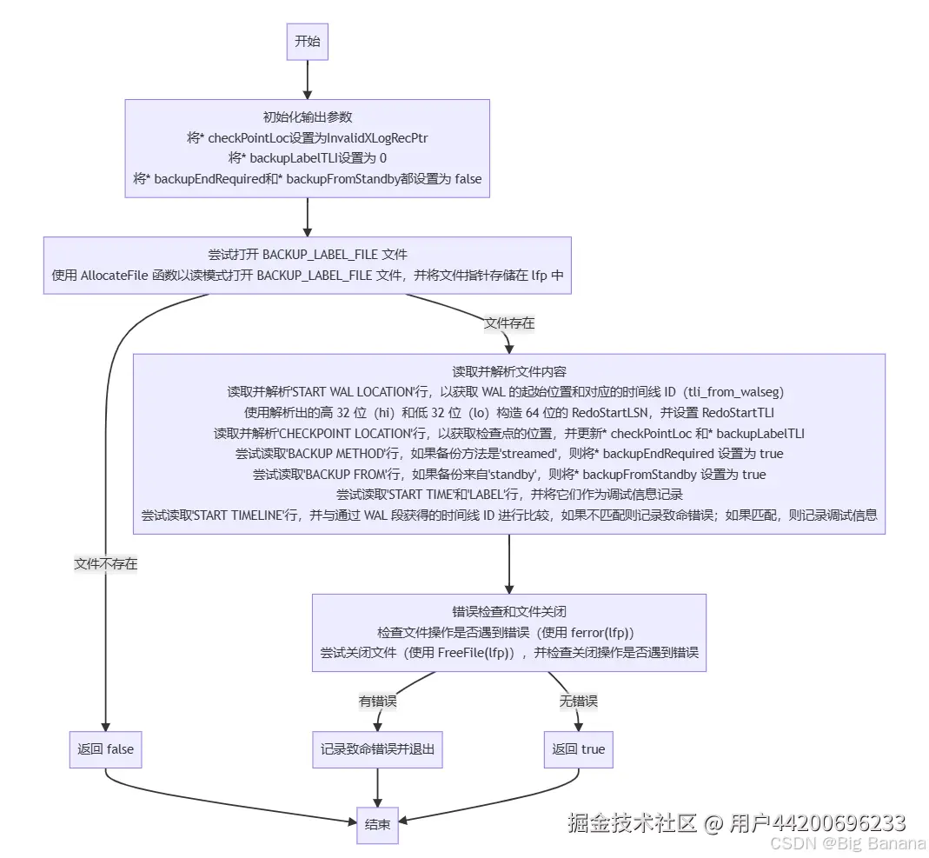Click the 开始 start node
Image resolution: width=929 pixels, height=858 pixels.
307,42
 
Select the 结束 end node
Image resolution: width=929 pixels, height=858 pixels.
377,825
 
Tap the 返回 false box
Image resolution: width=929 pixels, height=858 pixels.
105,749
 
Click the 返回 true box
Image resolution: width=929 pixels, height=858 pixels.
578,749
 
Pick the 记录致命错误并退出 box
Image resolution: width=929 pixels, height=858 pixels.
377,749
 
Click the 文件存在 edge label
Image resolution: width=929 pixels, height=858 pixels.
509,323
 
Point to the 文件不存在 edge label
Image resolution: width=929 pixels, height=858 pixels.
105,563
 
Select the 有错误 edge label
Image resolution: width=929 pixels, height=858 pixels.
377,701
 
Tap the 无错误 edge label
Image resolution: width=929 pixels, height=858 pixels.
578,701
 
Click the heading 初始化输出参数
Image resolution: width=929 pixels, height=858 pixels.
307,117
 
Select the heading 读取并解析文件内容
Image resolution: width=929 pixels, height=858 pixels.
509,370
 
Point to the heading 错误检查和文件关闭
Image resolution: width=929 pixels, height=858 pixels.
509,611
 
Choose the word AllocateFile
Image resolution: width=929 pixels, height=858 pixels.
118,276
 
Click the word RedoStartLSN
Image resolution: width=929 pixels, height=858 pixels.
613,412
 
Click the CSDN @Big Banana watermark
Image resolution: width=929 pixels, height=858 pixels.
847,842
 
